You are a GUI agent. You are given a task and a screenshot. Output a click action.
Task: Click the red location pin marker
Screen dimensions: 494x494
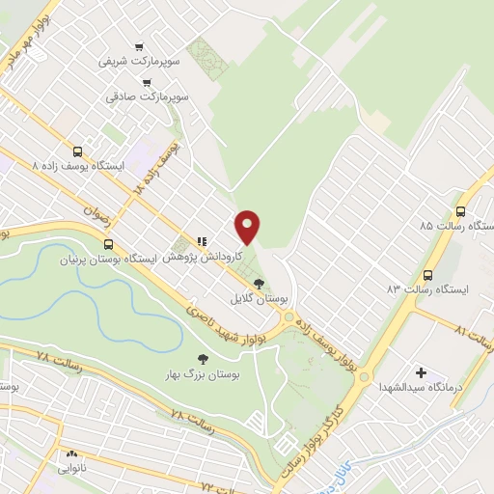click(248, 227)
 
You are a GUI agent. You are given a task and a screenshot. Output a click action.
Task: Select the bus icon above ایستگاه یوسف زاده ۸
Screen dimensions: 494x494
click(78, 151)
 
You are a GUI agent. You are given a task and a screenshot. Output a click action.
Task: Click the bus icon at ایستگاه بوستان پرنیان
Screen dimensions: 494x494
click(108, 244)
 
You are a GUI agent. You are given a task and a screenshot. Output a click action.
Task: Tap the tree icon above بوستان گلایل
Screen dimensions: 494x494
click(258, 284)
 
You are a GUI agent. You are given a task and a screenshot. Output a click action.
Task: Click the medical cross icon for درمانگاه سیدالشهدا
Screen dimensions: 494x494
click(421, 372)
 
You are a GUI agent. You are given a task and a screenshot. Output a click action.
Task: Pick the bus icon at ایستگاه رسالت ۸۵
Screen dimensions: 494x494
click(460, 210)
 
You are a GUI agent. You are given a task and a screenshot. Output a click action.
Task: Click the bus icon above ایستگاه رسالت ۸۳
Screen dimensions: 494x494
click(427, 273)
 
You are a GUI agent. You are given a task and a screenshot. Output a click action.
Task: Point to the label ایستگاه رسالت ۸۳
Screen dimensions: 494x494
click(426, 288)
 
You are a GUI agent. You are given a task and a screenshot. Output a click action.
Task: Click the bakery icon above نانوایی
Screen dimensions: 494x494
click(70, 453)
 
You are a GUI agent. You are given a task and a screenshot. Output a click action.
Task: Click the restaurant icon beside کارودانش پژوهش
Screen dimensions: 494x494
click(201, 242)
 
